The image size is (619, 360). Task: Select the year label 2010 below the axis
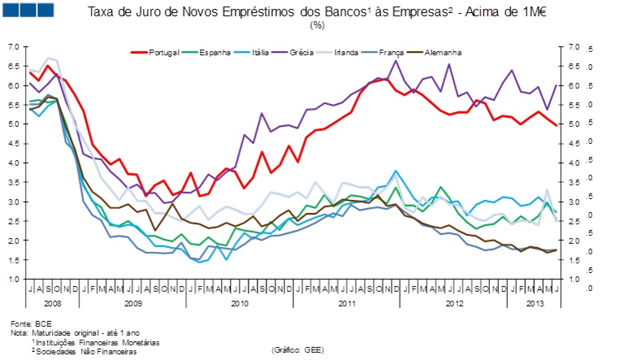pos(239,302)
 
